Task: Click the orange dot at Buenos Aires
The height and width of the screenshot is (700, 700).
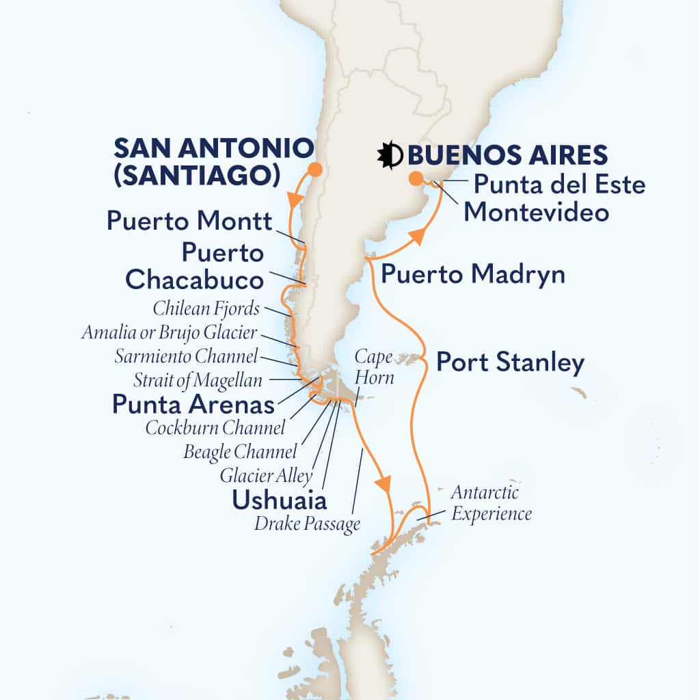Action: [x=415, y=180]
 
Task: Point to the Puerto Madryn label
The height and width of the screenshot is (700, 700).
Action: [x=473, y=275]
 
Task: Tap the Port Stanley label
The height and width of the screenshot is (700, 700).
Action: [x=510, y=362]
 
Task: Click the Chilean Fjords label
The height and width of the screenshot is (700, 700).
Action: [x=205, y=309]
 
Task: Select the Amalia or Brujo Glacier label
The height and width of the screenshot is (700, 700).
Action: [x=169, y=333]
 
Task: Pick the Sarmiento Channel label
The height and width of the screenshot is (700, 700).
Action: [x=187, y=355]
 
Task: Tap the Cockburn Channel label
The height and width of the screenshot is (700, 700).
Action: [x=215, y=429]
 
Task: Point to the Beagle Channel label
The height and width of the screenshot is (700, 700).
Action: [x=241, y=452]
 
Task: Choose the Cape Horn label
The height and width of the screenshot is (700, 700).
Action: [x=374, y=366]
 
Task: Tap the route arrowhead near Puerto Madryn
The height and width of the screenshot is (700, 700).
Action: [x=418, y=237]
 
